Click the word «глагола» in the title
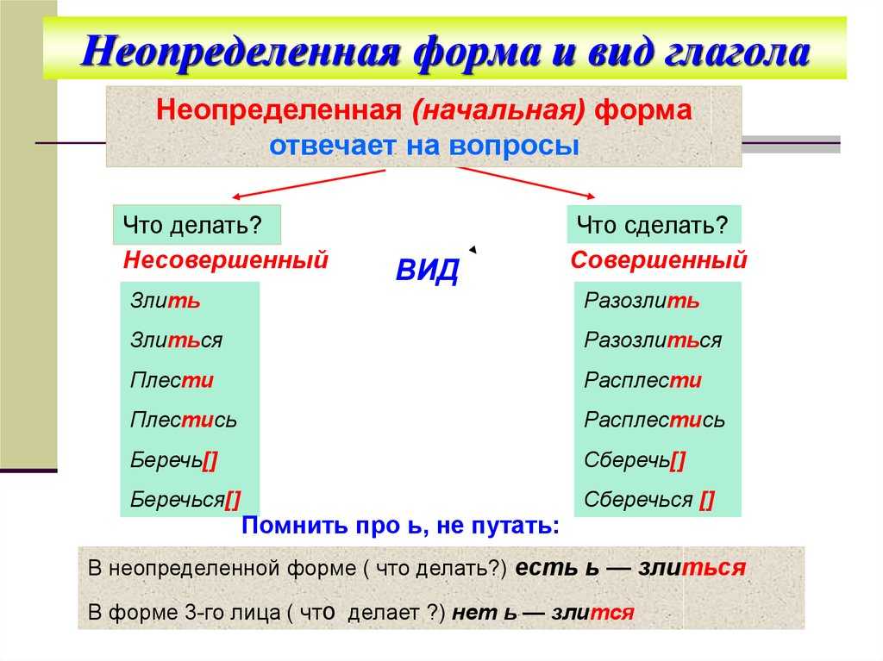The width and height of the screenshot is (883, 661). click(736, 53)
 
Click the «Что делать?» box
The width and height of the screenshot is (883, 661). click(197, 225)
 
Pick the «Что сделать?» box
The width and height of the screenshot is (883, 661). click(654, 225)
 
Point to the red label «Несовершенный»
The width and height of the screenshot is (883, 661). click(225, 260)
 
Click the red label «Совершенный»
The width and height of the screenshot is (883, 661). click(658, 260)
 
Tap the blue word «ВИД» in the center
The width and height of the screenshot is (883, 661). click(428, 271)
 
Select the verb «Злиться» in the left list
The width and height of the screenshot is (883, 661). click(176, 340)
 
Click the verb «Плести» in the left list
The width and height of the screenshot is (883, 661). click(172, 380)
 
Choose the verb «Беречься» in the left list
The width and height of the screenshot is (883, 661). click(185, 500)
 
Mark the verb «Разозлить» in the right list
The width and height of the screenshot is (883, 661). click(642, 300)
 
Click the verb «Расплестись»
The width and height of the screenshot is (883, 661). click(654, 420)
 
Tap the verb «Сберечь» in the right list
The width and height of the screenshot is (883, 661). click(634, 460)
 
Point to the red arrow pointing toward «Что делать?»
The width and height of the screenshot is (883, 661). click(308, 184)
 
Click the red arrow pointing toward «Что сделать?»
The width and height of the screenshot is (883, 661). click(525, 183)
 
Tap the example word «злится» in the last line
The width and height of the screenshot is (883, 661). click(593, 612)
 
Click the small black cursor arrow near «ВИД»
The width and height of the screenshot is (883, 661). click(473, 249)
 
